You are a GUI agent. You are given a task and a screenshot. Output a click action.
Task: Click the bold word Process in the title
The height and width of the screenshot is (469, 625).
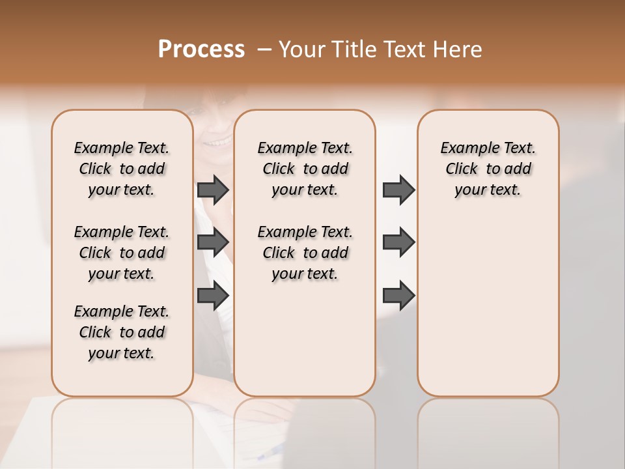[201, 50]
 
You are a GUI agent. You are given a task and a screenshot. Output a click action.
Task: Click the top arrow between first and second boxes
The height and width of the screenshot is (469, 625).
[213, 190]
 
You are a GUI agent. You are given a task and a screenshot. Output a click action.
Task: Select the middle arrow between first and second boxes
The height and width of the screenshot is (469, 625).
[213, 242]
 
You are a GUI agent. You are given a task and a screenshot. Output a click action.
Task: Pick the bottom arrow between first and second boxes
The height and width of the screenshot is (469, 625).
[213, 296]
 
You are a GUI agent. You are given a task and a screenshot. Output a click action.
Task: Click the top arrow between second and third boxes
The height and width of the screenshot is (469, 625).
[398, 190]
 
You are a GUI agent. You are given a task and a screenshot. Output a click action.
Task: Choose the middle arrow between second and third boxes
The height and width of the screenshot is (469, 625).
[398, 242]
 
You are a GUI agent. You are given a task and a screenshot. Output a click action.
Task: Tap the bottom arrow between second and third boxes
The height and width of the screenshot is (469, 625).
[398, 296]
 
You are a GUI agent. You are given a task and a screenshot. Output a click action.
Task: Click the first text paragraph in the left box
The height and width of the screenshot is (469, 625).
[122, 169]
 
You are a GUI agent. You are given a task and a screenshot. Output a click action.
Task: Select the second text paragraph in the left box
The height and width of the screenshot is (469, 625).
[122, 253]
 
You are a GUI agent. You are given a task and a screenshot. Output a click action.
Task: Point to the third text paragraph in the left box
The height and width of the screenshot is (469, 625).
[122, 332]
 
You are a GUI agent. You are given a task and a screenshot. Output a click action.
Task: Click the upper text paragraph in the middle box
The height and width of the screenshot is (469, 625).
[305, 169]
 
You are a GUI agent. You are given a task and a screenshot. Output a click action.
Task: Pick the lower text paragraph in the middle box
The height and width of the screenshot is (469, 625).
[305, 253]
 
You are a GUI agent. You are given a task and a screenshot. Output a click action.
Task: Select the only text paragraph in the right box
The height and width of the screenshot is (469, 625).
[488, 169]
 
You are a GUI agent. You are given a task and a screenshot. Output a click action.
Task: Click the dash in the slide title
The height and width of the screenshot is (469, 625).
[264, 50]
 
